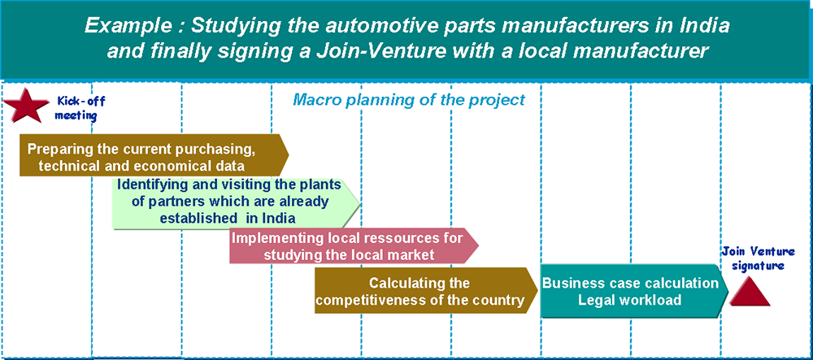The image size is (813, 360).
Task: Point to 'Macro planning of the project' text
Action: point(409,101)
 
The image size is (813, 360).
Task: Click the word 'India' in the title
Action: point(706,24)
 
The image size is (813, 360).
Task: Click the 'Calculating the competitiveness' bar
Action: point(423,292)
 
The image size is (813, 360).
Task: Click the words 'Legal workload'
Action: point(629,301)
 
